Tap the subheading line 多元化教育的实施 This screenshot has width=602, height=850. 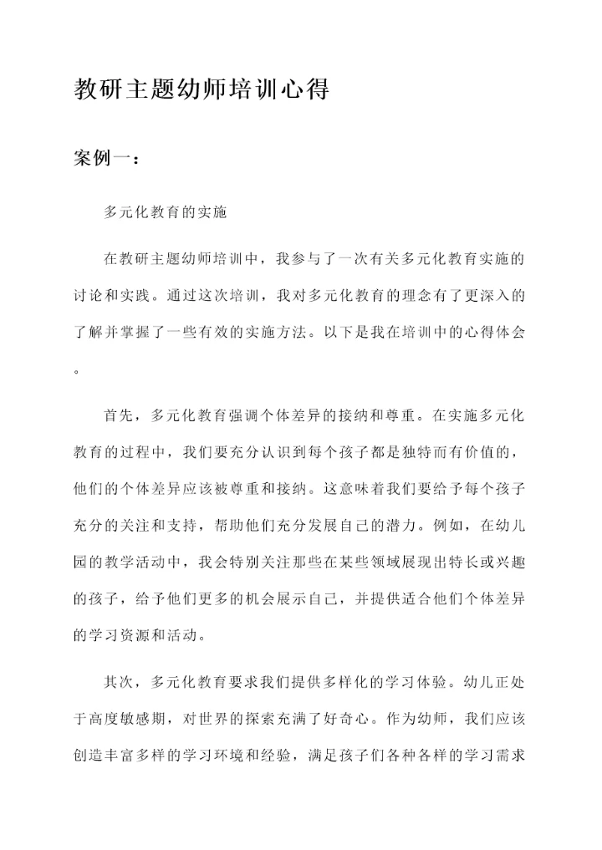[x=165, y=212]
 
